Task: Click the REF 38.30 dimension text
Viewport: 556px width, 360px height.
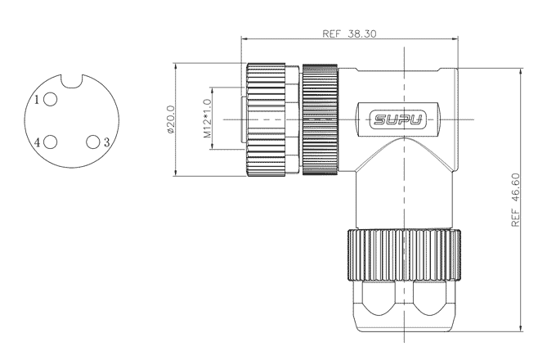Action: coord(349,34)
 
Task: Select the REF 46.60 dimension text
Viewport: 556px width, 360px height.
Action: coord(516,200)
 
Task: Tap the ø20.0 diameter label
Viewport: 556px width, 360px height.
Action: coord(171,119)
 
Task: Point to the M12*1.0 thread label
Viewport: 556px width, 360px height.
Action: coord(208,119)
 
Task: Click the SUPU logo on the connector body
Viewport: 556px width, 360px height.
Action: coord(398,119)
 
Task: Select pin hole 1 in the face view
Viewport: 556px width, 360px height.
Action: coord(51,99)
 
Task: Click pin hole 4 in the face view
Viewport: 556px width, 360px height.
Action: coord(51,142)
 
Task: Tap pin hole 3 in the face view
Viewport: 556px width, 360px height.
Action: coord(93,142)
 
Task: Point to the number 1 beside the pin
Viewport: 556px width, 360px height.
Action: coord(38,100)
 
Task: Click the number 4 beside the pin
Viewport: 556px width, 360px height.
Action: coord(38,142)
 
